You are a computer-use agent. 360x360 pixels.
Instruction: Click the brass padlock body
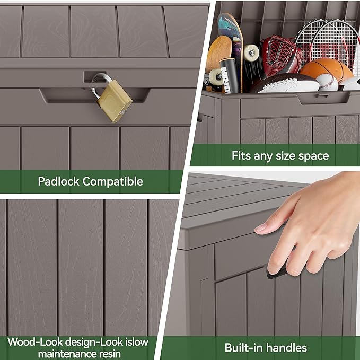[x=115, y=101]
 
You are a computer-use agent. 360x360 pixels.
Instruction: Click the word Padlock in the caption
[x=58, y=181]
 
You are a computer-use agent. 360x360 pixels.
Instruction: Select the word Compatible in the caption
[x=113, y=182]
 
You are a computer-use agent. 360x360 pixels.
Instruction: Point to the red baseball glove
[x=281, y=56]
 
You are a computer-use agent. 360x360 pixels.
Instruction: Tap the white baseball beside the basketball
[x=327, y=82]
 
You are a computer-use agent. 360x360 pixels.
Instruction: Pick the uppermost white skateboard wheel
[x=251, y=52]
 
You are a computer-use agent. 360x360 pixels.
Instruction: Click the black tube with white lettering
[x=229, y=76]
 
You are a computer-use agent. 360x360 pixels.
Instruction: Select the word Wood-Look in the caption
[x=35, y=343]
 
